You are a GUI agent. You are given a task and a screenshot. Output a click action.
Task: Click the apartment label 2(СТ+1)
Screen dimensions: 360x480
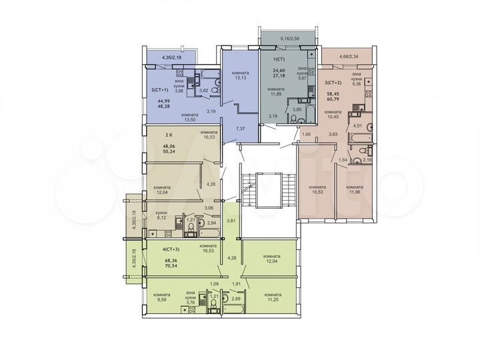click(x=158, y=89)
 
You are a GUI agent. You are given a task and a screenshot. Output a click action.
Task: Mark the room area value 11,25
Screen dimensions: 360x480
click(x=273, y=301)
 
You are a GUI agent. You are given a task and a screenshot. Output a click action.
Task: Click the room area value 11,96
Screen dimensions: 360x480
click(x=353, y=194)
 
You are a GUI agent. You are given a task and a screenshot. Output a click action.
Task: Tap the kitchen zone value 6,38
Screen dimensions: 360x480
click(x=357, y=84)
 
